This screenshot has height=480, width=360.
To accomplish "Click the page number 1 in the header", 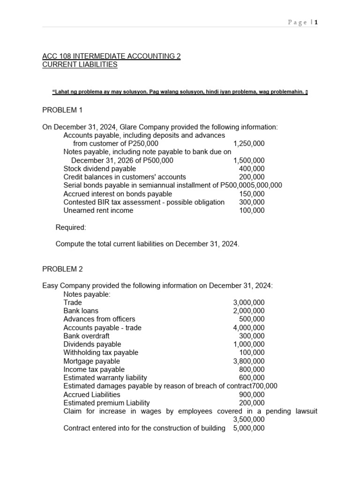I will click(x=316, y=22).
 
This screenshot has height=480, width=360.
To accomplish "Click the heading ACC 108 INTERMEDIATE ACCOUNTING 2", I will click(x=112, y=56).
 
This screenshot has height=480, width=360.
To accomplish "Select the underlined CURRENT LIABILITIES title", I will click(x=80, y=65).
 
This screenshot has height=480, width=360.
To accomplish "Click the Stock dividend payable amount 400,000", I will click(x=252, y=169).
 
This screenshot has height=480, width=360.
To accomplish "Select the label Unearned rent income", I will click(x=98, y=211).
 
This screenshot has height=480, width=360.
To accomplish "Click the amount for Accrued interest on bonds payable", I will click(x=252, y=194).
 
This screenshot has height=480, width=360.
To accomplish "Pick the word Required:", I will click(x=71, y=227).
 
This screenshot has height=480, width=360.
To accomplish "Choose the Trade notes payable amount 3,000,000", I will click(x=248, y=303).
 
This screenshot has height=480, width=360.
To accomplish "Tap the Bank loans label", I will click(x=81, y=311).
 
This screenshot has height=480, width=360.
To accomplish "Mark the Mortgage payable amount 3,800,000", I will click(x=248, y=361).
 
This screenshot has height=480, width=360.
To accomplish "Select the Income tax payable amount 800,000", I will click(x=252, y=369).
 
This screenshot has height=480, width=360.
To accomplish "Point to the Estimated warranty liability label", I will click(x=105, y=378).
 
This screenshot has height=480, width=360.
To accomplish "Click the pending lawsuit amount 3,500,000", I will click(x=248, y=420).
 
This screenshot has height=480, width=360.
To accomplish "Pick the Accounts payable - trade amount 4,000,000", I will click(x=248, y=328).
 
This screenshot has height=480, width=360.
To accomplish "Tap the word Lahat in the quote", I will click(x=62, y=91).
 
